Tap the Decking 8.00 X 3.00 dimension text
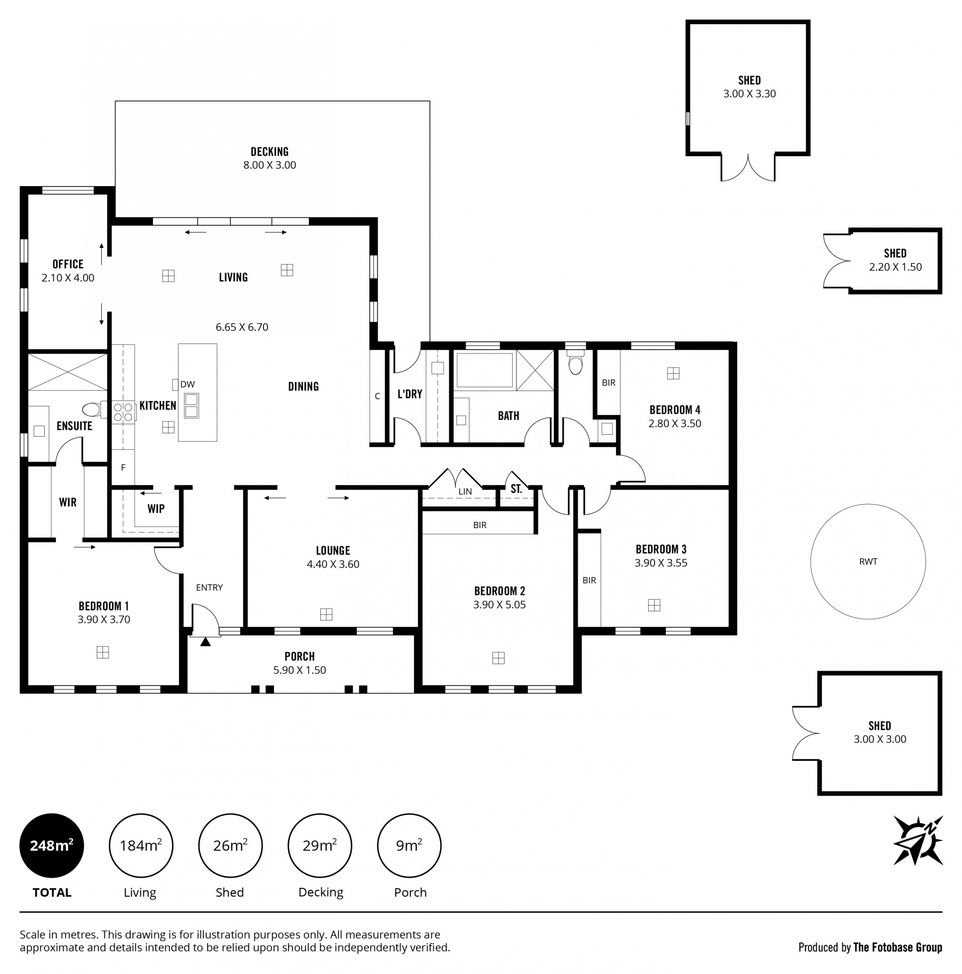269,165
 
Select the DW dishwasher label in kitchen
187,384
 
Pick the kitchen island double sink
191,405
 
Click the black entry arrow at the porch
205,642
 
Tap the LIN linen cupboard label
465,491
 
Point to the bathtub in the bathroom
484,370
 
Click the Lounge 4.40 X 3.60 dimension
333,564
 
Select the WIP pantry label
156,509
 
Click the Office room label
67,264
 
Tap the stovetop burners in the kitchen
123,412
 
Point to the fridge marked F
123,468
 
